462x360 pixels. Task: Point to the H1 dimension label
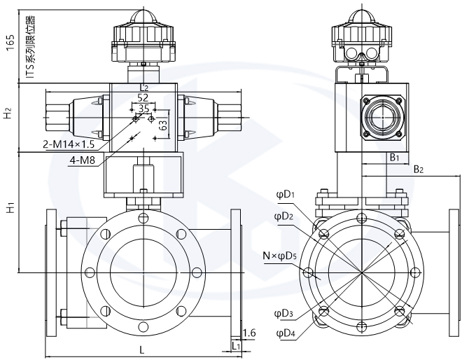9,208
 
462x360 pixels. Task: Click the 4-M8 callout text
83,162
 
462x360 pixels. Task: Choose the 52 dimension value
143,97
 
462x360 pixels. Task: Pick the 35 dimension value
143,109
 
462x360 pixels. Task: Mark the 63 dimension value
162,127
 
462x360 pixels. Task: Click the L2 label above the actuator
144,88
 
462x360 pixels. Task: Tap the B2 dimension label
419,169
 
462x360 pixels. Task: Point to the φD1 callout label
285,195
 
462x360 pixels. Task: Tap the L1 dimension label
236,346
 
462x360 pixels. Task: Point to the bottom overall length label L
142,348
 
